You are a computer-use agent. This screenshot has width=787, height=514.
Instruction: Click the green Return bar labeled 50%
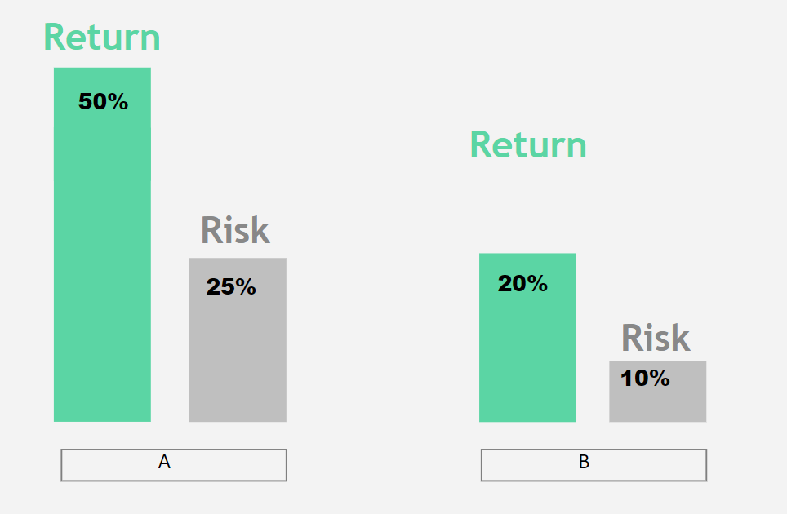(102, 245)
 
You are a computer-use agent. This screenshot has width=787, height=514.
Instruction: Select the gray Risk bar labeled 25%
(238, 340)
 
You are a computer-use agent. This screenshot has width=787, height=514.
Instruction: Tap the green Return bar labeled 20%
(527, 338)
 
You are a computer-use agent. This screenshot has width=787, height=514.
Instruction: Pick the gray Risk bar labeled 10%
(657, 391)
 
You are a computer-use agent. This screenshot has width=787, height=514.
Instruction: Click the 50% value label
(104, 101)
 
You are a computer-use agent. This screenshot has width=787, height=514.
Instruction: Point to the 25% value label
(231, 287)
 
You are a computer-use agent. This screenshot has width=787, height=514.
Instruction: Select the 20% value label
(522, 283)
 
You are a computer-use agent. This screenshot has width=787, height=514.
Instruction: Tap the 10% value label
(645, 378)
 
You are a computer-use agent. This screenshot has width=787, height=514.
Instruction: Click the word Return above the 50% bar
(102, 37)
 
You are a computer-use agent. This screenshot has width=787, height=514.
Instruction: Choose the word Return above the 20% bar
(528, 144)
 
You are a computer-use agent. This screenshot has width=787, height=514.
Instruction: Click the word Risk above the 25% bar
(235, 230)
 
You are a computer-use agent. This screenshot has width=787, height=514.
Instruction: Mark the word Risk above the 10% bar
(656, 338)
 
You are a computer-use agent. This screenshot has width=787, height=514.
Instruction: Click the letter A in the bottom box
(164, 462)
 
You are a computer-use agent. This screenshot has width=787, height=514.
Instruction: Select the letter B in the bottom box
(584, 462)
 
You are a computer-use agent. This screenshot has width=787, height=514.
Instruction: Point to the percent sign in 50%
(118, 101)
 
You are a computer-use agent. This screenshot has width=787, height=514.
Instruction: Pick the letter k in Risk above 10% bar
(680, 338)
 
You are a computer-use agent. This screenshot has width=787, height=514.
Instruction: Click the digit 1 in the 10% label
(626, 378)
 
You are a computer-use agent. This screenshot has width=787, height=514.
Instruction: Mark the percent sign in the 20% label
(536, 283)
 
